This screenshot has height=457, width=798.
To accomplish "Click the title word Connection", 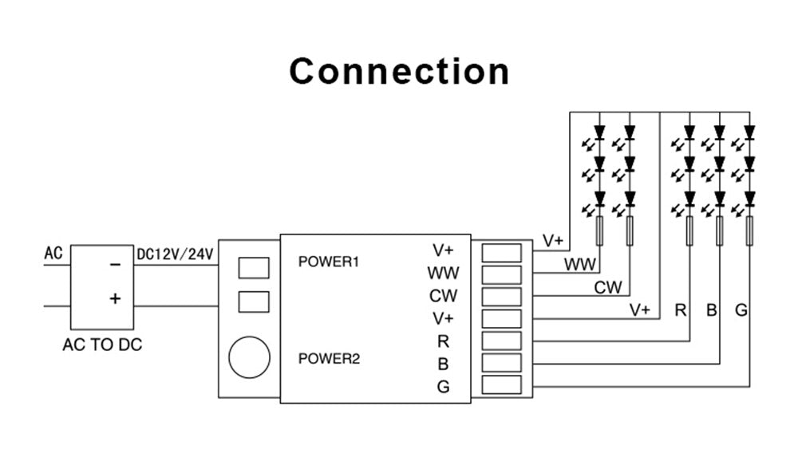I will click(x=399, y=71).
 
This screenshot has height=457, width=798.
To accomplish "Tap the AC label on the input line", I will click(x=53, y=254).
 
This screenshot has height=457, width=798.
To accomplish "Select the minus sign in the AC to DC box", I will click(x=116, y=264).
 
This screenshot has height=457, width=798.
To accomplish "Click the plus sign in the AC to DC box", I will click(x=116, y=298).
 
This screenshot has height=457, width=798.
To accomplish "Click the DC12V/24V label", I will click(x=175, y=254).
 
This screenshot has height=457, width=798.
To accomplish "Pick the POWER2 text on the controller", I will click(x=329, y=358).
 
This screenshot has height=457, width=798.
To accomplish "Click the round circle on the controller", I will click(x=249, y=357).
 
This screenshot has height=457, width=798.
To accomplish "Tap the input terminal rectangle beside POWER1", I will click(x=254, y=267).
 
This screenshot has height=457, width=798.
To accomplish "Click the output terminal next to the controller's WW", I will click(x=502, y=275).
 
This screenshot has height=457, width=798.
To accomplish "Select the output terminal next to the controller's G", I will click(x=502, y=386).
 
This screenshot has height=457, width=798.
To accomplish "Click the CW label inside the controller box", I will click(x=443, y=296).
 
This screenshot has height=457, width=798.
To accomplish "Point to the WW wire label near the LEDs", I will click(x=580, y=264).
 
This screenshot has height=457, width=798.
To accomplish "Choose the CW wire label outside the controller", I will click(x=608, y=287).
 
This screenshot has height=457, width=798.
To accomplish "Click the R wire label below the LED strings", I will click(x=681, y=310).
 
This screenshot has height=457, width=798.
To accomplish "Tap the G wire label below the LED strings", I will click(x=741, y=310).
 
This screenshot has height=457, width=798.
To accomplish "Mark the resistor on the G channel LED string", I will click(x=749, y=230).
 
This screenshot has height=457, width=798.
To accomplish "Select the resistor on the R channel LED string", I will click(x=689, y=230).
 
